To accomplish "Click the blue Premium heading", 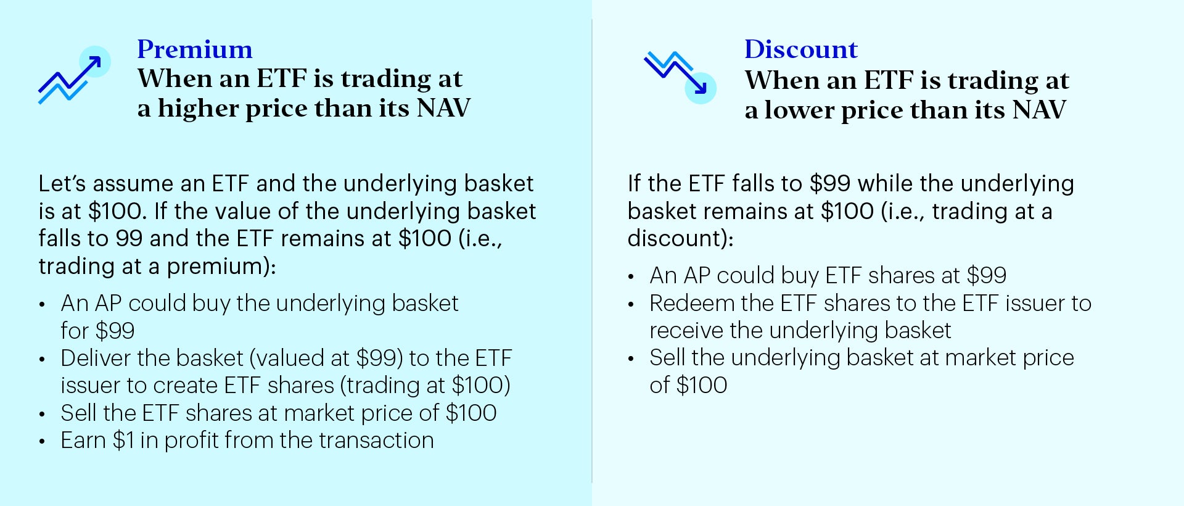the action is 195,49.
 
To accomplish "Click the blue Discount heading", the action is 801,49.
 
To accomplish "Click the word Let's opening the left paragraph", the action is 62,183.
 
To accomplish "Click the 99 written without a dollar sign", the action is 129,238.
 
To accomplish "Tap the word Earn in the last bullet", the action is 83,440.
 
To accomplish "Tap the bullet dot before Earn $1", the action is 42,442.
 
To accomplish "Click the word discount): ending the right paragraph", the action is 681,238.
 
